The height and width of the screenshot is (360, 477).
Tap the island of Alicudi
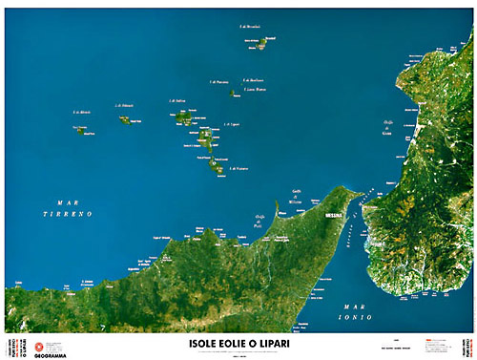80,130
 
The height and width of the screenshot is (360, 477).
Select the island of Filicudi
125,120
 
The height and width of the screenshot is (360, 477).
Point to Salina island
183,116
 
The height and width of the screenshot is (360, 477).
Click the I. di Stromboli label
249,27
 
